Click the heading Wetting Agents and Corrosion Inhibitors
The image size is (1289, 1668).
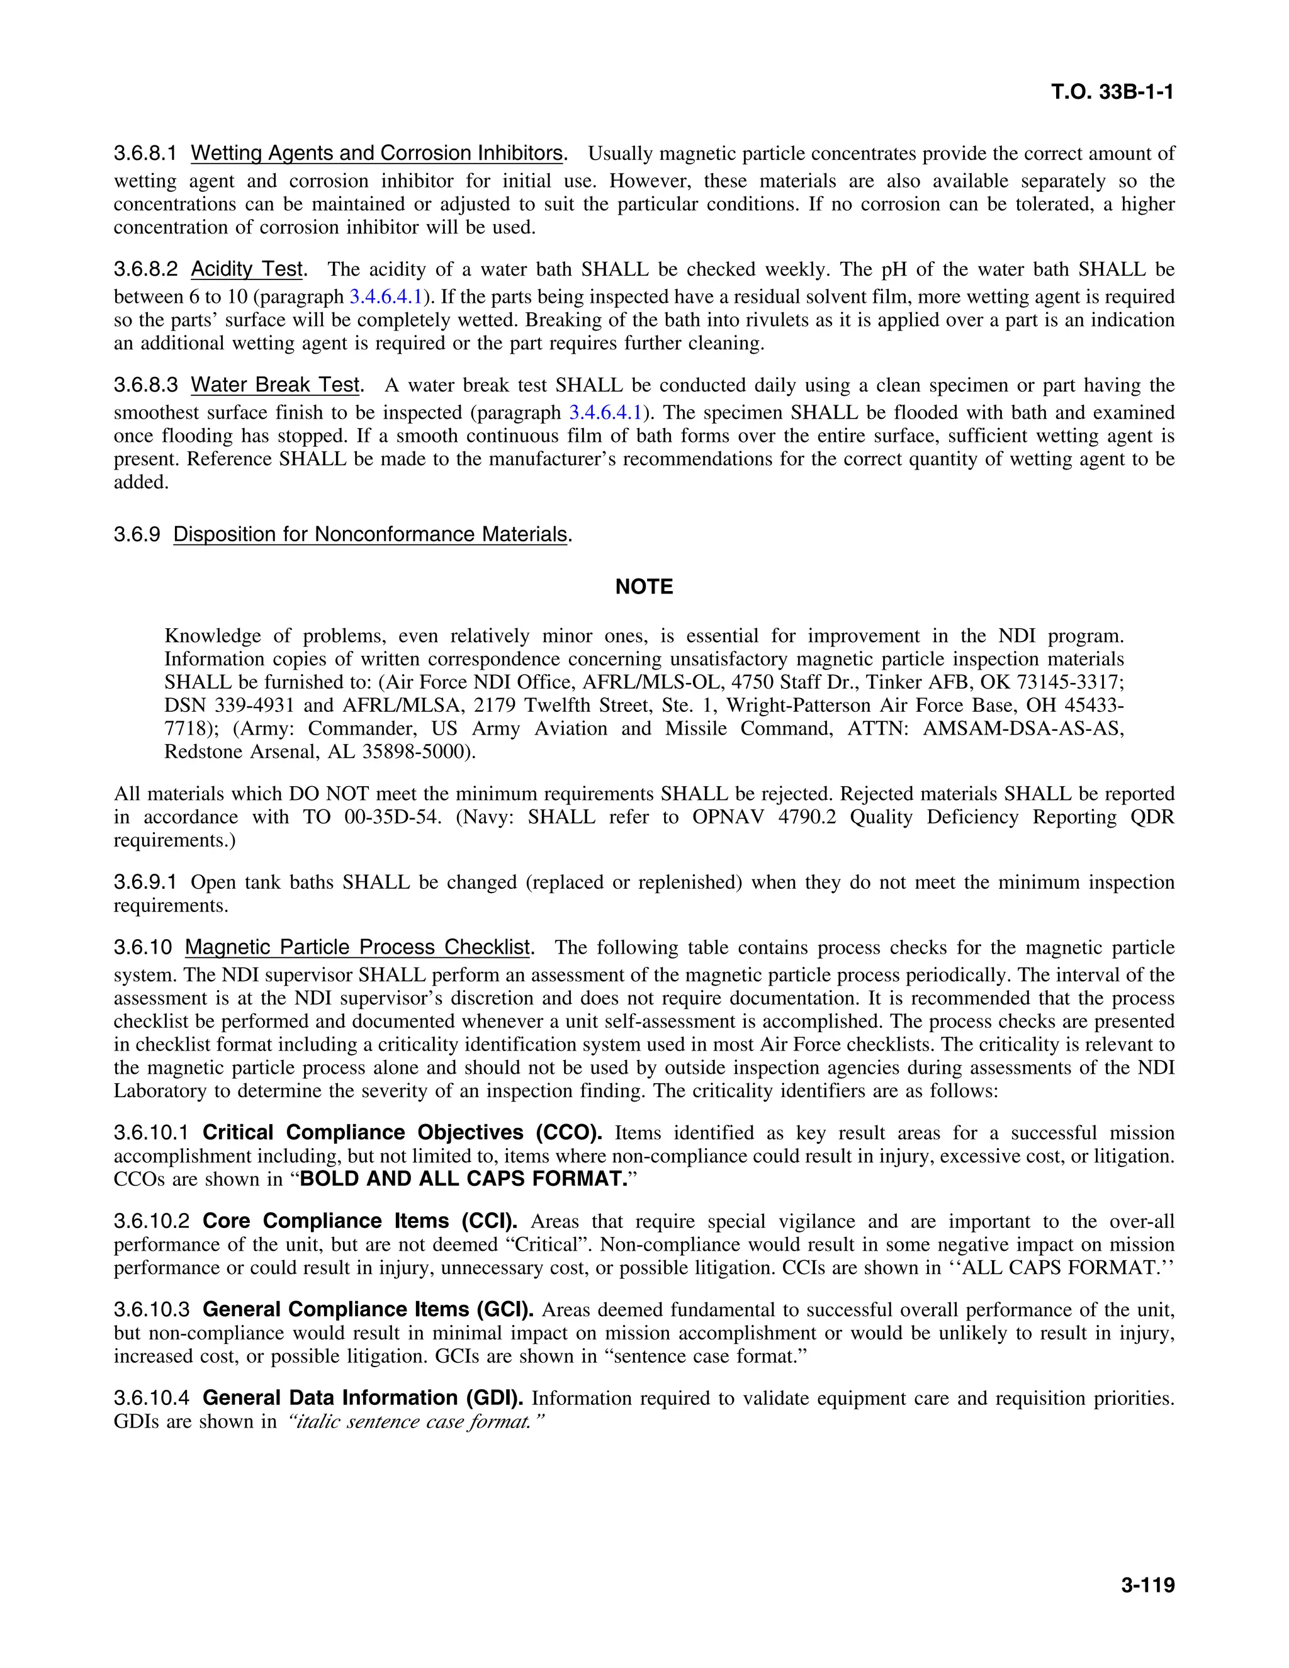pos(376,154)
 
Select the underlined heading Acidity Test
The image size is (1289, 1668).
pos(247,269)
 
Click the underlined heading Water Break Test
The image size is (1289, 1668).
pos(275,386)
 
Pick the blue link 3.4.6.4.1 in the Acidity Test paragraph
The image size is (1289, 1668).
pos(386,296)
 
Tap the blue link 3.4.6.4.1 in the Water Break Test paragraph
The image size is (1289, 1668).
pos(605,413)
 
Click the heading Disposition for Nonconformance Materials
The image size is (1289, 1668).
pos(370,534)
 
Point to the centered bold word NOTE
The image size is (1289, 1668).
pos(644,587)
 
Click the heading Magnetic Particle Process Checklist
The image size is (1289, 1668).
pos(357,948)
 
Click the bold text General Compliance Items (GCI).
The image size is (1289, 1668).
pos(368,1310)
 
